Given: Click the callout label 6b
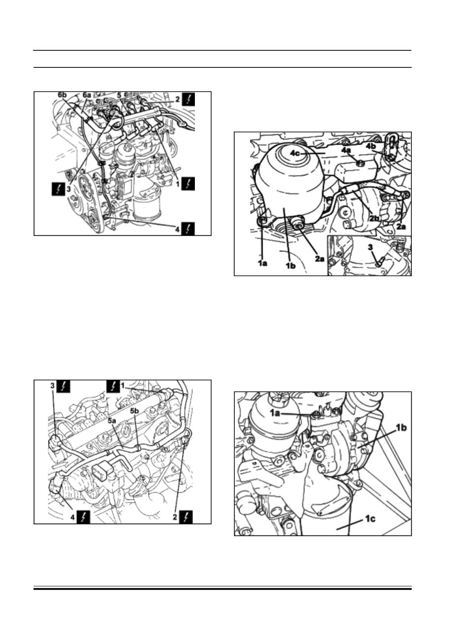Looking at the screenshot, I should coord(62,95).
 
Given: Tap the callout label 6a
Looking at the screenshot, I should coord(87,95).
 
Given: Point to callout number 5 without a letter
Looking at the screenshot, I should coord(119,95).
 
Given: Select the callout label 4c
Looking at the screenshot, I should coord(295,153).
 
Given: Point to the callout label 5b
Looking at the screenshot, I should coord(135,411).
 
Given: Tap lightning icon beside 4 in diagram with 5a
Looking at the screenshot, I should coord(84,517).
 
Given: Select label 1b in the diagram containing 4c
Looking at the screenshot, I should coord(291,266).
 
